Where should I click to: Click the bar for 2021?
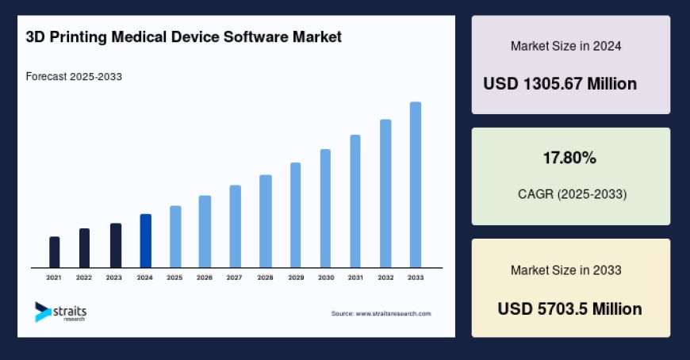[x=54, y=252]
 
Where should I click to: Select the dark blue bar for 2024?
[x=145, y=241]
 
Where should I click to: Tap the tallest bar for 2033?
[x=415, y=185]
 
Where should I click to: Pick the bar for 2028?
[x=266, y=221]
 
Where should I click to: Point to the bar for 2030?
[x=325, y=209]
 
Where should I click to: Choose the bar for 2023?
[x=115, y=246]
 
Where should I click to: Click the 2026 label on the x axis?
[x=205, y=278]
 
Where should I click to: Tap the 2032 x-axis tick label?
[x=385, y=278]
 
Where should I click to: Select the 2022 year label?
[x=84, y=278]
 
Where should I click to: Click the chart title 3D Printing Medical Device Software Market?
[x=183, y=37]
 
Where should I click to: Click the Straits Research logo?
[x=60, y=312]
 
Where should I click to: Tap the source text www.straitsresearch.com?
[x=381, y=314]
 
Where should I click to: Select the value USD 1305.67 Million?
[x=560, y=84]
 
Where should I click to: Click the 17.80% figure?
[x=569, y=159]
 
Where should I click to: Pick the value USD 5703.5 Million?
[x=569, y=308]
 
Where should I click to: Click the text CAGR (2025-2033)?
[x=569, y=194]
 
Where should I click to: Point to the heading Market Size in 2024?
[x=565, y=46]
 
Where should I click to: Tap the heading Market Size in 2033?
[x=565, y=270]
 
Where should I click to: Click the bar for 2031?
[x=355, y=201]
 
